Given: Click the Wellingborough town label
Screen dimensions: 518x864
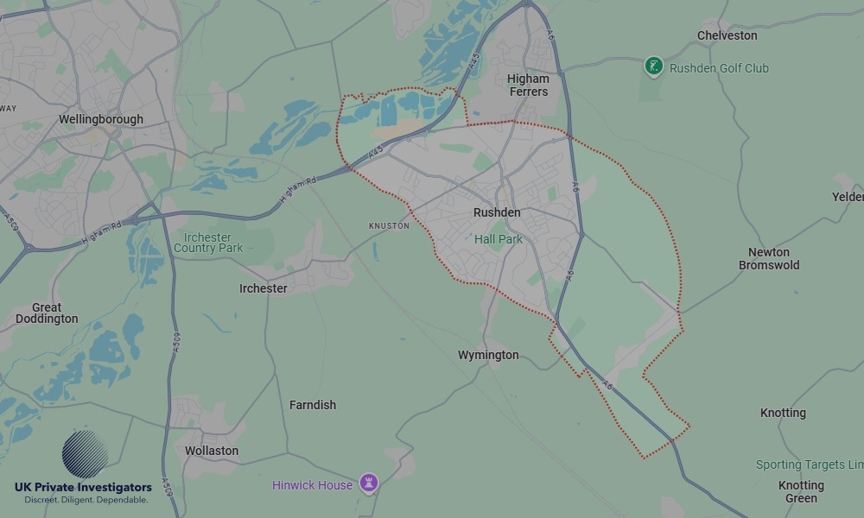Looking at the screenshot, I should coord(101,119).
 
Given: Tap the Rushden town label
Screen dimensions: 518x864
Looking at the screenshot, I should coord(497,212).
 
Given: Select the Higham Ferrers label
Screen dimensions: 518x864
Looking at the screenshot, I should coord(528,85).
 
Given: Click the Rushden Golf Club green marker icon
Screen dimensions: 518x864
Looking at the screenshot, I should coord(654,66).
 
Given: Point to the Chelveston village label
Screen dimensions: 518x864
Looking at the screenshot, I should coord(727,35).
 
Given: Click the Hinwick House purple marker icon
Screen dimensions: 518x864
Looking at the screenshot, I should coord(370,483).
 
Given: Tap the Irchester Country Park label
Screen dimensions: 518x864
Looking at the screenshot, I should coord(208,243).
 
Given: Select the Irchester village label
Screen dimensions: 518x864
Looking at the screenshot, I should coord(264,288).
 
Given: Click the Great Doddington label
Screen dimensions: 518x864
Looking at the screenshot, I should coord(47,313).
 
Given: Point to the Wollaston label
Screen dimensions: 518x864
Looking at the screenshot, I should coord(212,451).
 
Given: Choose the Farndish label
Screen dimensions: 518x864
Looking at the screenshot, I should coord(313,405).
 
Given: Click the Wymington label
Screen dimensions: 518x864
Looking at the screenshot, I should coord(488,355).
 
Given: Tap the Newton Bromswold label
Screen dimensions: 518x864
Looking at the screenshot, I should coord(769,259).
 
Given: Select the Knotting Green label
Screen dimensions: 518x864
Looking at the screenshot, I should coord(801,492).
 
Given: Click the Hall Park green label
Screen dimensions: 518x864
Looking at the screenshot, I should coord(499,239).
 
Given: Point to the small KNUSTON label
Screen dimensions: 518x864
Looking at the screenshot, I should coord(389,226).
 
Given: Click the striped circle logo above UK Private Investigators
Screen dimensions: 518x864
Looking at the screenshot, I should coord(85,454).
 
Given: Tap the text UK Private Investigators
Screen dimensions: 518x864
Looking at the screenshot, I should coord(83,488).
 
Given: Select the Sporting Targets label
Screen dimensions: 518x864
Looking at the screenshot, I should coord(809,464).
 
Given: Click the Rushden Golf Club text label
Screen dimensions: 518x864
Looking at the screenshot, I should coord(719,68).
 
